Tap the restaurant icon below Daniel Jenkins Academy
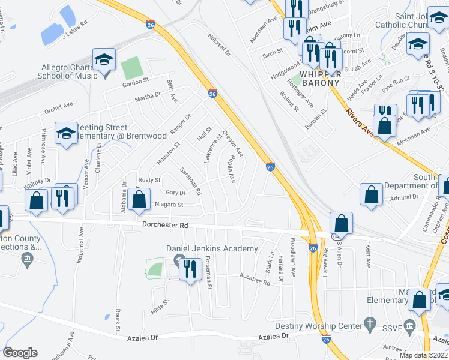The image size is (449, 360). [x=190, y=268]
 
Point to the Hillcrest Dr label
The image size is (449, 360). [x=220, y=44]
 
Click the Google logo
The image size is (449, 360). [x=20, y=353]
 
